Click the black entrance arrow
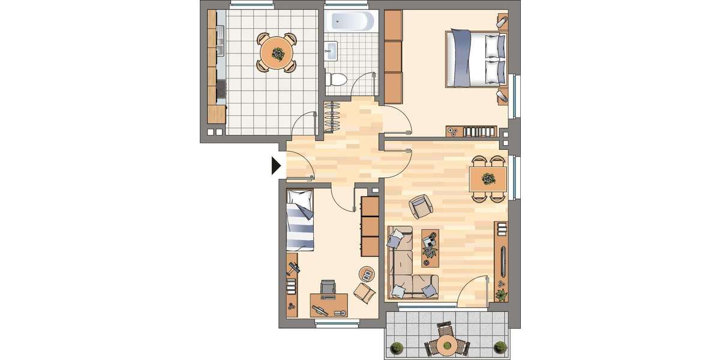click(x=276, y=165)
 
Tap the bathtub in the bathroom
click(x=351, y=22)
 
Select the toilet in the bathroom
click(x=336, y=78)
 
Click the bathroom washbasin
click(x=331, y=50)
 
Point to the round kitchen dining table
click(x=277, y=53)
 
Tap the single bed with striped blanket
click(x=300, y=219)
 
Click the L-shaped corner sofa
click(x=408, y=264)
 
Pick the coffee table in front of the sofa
click(x=431, y=247)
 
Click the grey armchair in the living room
click(x=420, y=206)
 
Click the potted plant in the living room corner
click(x=501, y=295)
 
